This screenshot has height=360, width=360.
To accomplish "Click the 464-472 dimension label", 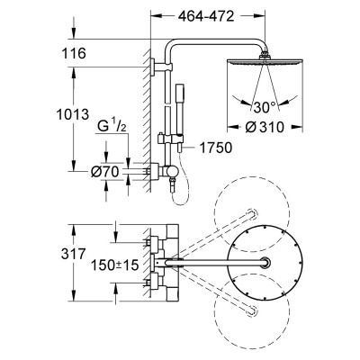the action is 206,16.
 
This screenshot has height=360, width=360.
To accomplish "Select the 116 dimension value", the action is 74,53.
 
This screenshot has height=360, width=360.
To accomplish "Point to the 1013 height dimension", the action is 73,114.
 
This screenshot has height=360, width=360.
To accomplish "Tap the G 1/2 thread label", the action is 112,126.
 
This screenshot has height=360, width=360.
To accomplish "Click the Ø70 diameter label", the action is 104,172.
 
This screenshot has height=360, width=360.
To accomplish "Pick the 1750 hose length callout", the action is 216,148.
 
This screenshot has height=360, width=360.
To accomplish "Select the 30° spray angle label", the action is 265,107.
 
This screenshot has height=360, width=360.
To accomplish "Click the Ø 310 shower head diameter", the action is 265,127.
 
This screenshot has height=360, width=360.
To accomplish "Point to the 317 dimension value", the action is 74,254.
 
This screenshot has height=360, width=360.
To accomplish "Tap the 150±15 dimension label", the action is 115,265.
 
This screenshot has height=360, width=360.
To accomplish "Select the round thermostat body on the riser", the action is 172,171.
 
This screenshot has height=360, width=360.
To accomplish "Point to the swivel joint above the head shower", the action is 265,55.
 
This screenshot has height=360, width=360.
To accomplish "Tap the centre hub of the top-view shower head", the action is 265,262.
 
